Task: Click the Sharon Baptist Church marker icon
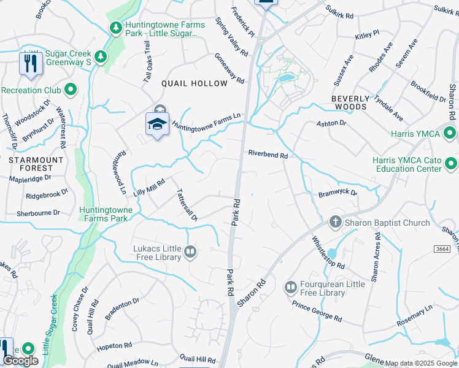336,222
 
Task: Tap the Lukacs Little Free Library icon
191,252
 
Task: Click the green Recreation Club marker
71,90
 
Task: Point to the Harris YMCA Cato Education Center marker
451,163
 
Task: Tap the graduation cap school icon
157,124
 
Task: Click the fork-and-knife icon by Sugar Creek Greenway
30,63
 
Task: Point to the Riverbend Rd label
268,155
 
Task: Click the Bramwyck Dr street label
337,193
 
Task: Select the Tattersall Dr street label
187,205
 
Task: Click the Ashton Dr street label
331,123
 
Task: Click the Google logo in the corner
20,361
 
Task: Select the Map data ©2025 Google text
420,363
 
